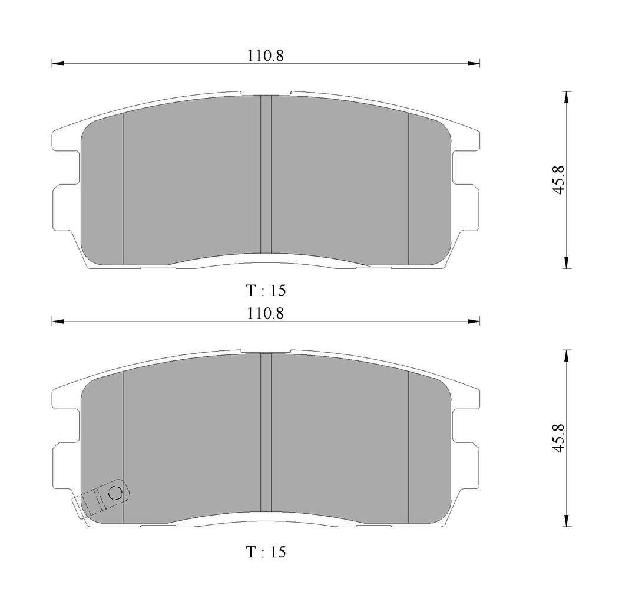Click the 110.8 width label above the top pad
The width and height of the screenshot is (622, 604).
(x=266, y=55)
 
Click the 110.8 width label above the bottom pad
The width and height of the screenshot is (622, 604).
(x=266, y=314)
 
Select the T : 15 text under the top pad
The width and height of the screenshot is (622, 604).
(x=266, y=290)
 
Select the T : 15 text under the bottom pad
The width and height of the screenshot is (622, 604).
(x=266, y=552)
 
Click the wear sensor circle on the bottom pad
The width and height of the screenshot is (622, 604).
(x=115, y=493)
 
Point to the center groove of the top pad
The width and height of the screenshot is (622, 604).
(x=266, y=174)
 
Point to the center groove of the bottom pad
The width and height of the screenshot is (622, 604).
(x=266, y=432)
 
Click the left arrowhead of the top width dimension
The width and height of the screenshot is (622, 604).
(x=58, y=64)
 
